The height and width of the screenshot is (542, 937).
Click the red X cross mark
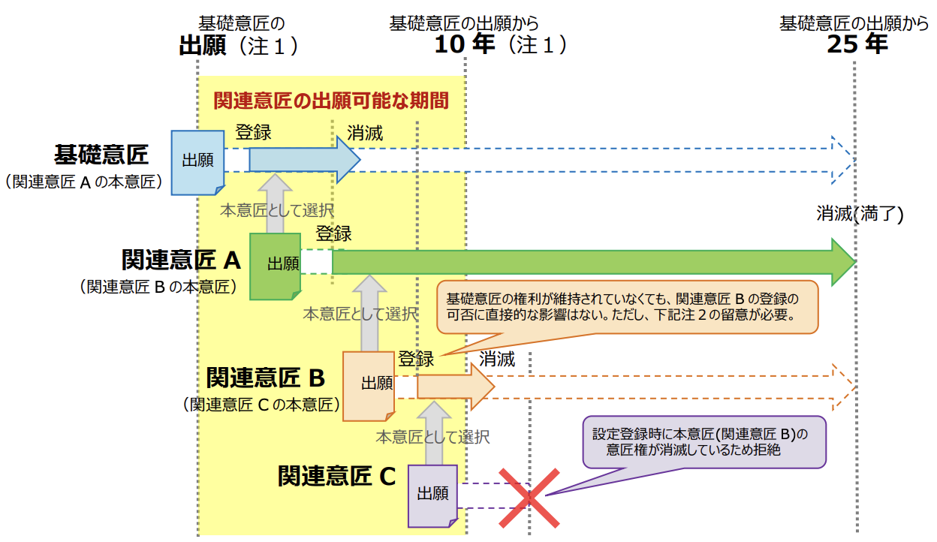point(530,497)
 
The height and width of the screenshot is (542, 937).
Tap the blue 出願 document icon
point(197,161)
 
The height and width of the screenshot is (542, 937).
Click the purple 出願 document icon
point(433,495)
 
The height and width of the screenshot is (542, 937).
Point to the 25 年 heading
point(857,44)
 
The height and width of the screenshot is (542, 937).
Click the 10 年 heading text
point(465,44)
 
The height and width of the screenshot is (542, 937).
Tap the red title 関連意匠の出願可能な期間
point(330,100)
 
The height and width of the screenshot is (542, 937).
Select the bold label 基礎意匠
point(101,155)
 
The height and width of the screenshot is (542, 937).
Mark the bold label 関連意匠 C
point(336,476)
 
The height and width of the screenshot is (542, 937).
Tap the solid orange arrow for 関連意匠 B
point(455,387)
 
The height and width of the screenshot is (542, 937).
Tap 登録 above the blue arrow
point(253,132)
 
